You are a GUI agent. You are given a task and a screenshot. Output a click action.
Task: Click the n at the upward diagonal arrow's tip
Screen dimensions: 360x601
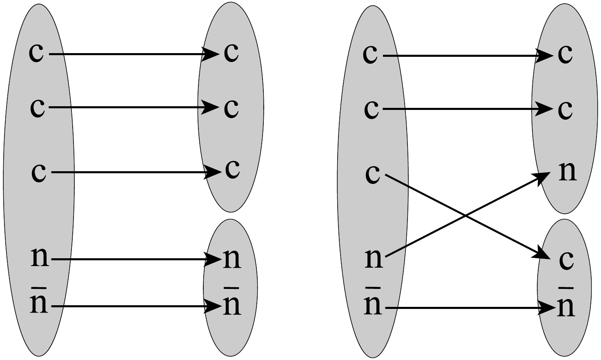point(567,172)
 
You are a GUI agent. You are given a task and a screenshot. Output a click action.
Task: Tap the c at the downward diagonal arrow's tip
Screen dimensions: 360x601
point(566,260)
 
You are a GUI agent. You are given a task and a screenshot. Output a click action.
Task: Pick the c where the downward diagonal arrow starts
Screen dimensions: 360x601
point(372,174)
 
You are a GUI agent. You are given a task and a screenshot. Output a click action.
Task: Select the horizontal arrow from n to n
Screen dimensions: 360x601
point(135,259)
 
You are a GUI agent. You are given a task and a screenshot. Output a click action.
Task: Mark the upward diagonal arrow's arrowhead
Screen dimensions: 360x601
point(543,176)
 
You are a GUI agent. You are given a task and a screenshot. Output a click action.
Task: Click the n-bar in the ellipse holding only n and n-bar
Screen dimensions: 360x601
point(232,304)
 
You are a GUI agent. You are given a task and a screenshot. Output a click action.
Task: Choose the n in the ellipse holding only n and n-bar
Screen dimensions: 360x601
point(232,258)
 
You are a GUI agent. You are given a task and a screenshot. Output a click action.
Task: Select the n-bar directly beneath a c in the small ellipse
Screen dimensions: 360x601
point(566,306)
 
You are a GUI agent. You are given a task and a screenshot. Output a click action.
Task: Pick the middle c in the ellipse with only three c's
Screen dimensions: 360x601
point(231,108)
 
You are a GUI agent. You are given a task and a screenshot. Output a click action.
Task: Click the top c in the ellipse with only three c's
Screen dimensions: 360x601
point(231,53)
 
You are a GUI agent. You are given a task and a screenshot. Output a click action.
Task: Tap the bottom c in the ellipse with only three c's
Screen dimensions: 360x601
point(232,169)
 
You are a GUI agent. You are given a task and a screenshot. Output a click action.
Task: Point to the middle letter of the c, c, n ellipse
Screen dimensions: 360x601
point(565,110)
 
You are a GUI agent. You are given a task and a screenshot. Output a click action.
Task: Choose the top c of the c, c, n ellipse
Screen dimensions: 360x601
point(565,54)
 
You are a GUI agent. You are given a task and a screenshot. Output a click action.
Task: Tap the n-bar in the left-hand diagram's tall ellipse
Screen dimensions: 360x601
point(39,303)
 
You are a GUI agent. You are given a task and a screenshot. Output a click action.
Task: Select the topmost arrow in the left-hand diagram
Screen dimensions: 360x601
point(131,54)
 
